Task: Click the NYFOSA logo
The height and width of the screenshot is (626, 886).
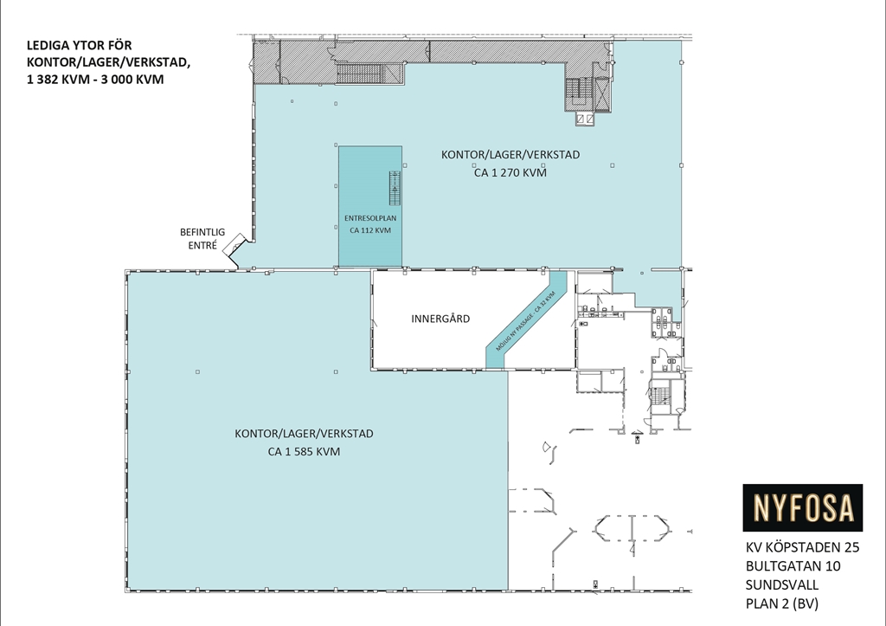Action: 802,507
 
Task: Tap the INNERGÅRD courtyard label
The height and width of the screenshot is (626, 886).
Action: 440,319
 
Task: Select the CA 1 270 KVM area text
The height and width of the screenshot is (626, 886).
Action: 510,172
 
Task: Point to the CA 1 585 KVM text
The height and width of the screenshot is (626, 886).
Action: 304,451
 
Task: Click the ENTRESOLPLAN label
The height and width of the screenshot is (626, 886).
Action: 370,217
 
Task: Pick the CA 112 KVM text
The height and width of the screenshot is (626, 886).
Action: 370,230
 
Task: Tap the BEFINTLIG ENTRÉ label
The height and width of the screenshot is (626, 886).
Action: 202,239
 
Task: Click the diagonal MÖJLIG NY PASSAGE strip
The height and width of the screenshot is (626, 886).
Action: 526,320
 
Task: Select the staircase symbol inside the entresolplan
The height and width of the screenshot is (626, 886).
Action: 395,188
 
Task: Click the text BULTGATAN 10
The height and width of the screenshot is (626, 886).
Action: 793,566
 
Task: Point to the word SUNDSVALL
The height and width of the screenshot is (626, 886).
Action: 781,584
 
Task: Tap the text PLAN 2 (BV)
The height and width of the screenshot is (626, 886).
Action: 781,603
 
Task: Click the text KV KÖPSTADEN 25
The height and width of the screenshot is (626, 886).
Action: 802,547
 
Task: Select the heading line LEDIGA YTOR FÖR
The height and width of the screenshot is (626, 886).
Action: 79,45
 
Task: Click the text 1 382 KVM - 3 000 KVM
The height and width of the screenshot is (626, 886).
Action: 95,79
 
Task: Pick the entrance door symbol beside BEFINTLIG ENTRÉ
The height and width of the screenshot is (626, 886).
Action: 234,247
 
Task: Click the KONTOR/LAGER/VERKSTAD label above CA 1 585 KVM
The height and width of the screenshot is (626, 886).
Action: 304,434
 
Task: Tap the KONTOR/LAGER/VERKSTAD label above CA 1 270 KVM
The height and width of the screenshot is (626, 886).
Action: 510,154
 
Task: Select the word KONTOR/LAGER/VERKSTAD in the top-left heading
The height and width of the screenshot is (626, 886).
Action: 108,62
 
